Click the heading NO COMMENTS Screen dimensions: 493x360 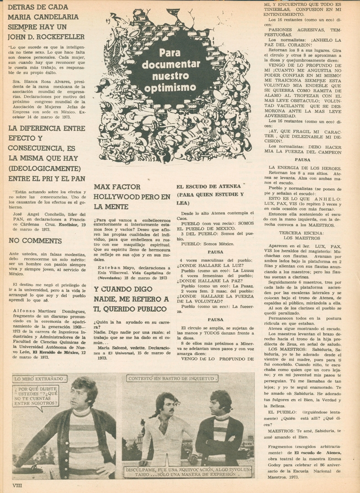tap(35, 241)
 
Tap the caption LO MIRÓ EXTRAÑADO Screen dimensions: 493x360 tap(40, 379)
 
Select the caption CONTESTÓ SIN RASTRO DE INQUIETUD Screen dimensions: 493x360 tap(172, 378)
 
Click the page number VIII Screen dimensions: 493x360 tap(17, 486)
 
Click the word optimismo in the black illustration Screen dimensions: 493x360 tap(175, 87)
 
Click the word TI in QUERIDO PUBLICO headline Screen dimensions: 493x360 tap(100, 308)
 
